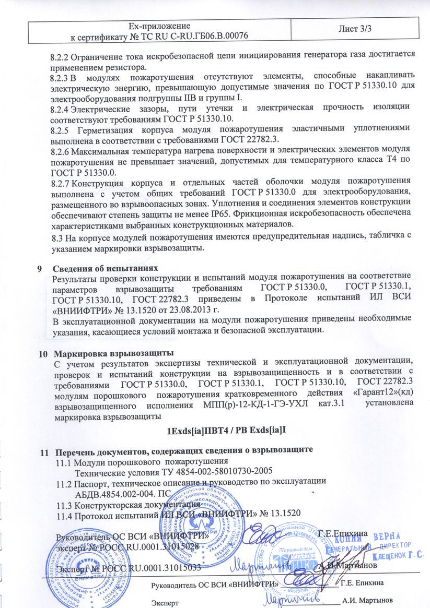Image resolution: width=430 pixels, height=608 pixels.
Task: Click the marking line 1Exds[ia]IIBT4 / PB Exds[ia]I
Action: click(227, 431)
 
